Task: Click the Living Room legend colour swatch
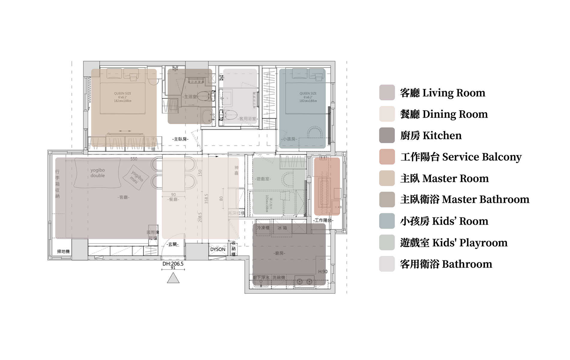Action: (x=387, y=92)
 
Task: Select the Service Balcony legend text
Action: (x=461, y=157)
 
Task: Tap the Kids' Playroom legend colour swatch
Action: (x=387, y=242)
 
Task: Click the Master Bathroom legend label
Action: (x=464, y=199)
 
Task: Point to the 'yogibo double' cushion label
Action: (x=97, y=173)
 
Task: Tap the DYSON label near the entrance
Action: (x=217, y=249)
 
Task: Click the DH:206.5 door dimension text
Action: (x=173, y=264)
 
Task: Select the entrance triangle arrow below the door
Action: (x=173, y=279)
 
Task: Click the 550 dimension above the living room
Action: (x=134, y=159)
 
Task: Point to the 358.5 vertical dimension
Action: (x=206, y=199)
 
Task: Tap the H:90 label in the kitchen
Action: (x=323, y=271)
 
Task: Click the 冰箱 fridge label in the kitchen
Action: (x=282, y=228)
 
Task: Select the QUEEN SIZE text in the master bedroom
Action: (x=122, y=94)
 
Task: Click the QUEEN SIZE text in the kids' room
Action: (x=308, y=94)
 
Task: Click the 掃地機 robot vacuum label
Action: (x=63, y=251)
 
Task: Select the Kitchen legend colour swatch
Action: (x=387, y=135)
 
